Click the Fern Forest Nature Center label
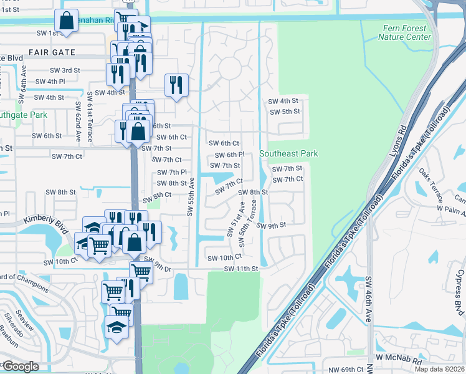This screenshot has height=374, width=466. click(404, 32)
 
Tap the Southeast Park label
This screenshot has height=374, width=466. click(288, 153)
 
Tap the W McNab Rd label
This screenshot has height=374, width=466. click(400, 361)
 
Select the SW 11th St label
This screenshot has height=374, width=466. click(241, 269)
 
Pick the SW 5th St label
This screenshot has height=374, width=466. click(285, 112)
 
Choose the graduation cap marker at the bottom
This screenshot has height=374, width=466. click(117, 326)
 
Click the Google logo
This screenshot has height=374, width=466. click(21, 366)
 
